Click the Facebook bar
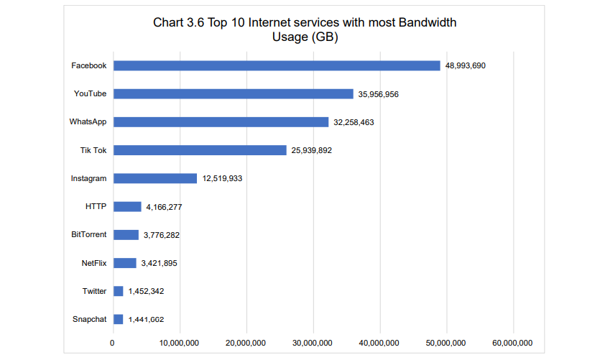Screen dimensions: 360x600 [277, 65]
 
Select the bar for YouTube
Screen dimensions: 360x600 [234, 93]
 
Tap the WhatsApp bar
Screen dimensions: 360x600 [221, 122]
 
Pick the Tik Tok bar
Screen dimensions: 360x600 [200, 150]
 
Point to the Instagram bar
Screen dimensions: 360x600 [155, 178]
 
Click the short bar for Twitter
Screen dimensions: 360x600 [119, 291]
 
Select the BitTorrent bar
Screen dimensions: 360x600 [126, 235]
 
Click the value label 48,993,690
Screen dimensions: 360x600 [466, 65]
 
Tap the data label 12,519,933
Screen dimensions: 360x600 [222, 178]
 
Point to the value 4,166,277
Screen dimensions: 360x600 [164, 207]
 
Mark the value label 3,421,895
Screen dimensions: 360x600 [159, 263]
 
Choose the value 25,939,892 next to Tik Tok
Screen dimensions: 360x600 [311, 150]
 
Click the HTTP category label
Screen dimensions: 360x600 [96, 207]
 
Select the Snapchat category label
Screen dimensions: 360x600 [89, 320]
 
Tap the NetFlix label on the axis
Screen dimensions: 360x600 [94, 263]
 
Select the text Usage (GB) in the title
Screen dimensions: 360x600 [305, 37]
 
